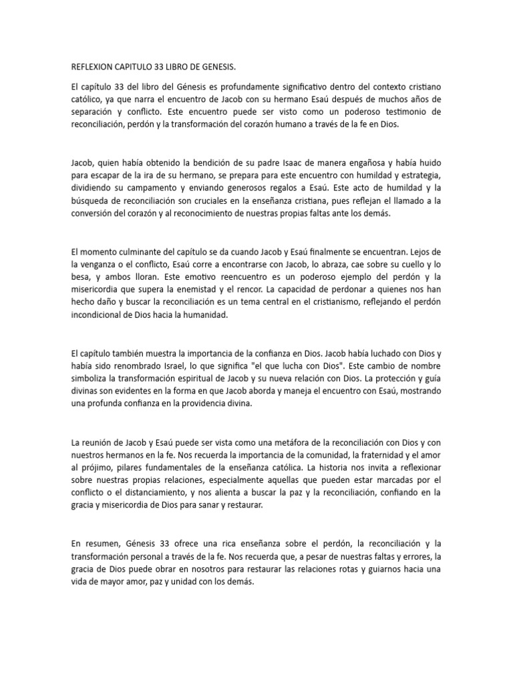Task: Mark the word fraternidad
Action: [373, 455]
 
